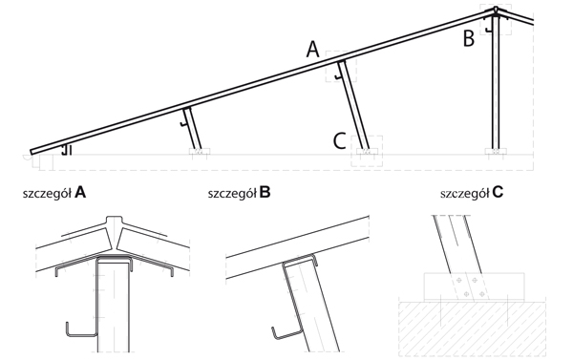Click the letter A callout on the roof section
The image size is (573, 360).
(313, 50)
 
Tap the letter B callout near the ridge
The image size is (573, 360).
(469, 39)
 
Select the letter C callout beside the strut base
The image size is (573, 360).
(340, 141)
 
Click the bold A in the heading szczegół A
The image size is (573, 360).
(80, 192)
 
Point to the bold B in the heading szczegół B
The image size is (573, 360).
(265, 192)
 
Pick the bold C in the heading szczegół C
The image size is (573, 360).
(498, 192)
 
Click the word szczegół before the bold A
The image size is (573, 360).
(47, 193)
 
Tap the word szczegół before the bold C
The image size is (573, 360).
(464, 193)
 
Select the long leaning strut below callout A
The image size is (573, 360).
(353, 105)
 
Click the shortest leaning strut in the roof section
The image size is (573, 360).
(193, 129)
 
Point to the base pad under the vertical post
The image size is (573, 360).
(496, 151)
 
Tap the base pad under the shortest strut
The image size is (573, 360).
(200, 151)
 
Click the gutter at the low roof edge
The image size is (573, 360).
(28, 158)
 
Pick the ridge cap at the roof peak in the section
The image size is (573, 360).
(496, 9)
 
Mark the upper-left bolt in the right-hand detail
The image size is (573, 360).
(458, 281)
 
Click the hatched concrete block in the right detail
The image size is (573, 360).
(472, 328)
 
